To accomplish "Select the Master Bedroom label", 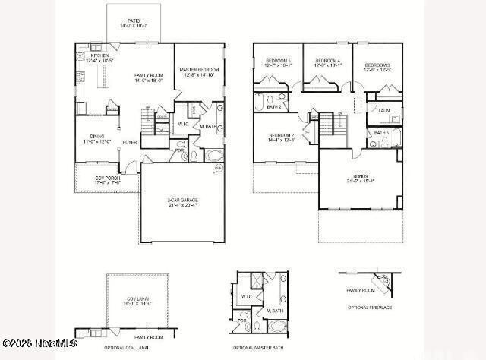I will pos(199,71).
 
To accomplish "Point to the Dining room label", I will pos(97,137).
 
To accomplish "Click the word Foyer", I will pos(130,141).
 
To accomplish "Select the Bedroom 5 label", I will pos(278,62).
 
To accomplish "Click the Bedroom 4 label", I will pos(328,62).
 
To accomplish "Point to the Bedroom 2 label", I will pos(282,137).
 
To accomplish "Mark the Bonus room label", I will pos(360,178).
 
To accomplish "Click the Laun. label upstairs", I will pos(384,110).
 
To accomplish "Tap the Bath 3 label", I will pos(381,132).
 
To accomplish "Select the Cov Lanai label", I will pos(137,300).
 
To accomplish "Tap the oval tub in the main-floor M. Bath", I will pos(215,156).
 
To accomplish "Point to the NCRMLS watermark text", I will pos(39,344).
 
